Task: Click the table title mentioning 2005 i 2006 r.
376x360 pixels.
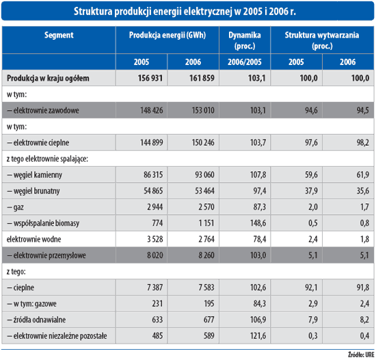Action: (185, 11)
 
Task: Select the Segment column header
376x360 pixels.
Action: (59, 36)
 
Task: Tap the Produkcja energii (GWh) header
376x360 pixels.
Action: (167, 35)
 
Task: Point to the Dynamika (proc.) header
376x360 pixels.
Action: (245, 40)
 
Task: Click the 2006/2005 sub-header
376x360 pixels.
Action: (245, 62)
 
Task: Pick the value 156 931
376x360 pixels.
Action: (150, 78)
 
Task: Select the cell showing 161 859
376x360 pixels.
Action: (202, 78)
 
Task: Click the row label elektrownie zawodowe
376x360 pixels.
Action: (43, 110)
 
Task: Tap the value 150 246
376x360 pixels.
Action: (203, 142)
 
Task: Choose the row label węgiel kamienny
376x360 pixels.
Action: (35, 175)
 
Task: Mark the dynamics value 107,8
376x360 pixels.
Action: (258, 175)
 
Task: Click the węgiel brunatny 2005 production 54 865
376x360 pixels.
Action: (153, 191)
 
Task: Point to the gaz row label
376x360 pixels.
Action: (15, 207)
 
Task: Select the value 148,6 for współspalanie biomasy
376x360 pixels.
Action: (258, 223)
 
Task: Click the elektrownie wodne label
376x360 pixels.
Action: (33, 240)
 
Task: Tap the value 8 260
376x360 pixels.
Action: (206, 255)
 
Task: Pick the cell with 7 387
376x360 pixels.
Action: (155, 287)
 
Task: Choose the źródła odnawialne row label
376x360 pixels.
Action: (36, 320)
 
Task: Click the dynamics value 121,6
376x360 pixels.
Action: (258, 336)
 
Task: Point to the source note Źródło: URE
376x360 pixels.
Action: (361, 355)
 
